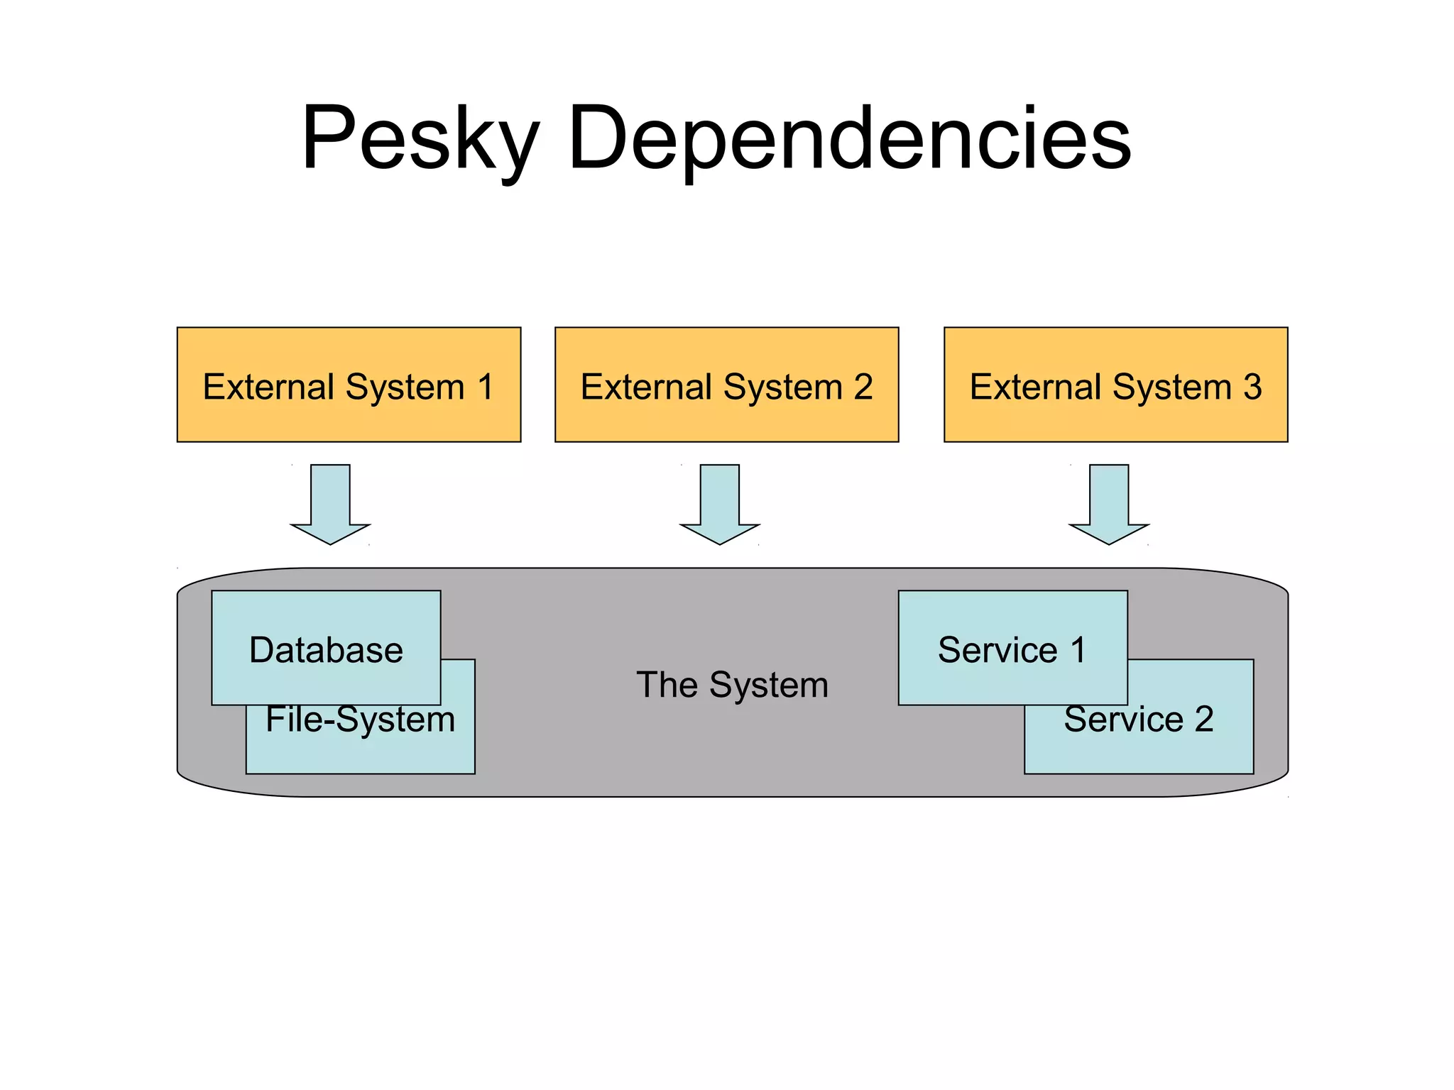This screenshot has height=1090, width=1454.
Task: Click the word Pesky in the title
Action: [x=420, y=138]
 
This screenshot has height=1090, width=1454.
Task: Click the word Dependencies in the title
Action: [x=849, y=138]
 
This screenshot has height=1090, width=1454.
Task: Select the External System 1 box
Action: [x=349, y=385]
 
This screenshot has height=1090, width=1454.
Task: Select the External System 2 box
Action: [x=726, y=385]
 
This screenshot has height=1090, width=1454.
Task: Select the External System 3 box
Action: [x=1115, y=385]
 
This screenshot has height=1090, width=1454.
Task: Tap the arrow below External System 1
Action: [x=330, y=504]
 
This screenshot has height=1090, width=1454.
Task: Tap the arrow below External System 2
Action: [x=719, y=504]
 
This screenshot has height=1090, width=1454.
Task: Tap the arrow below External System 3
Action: [x=1108, y=504]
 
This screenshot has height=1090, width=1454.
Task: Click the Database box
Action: [x=326, y=648]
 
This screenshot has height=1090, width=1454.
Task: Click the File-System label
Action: [x=360, y=720]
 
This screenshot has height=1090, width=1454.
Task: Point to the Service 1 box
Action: [x=1012, y=648]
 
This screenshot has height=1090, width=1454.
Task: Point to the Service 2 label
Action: [x=1139, y=720]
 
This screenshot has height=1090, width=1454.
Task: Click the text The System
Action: [x=732, y=685]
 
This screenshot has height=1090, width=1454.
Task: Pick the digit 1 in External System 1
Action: [x=486, y=387]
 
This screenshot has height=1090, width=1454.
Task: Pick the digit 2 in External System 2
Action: [x=863, y=387]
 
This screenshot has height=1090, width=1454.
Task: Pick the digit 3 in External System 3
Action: [x=1252, y=387]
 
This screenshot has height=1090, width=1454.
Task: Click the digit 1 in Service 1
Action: [x=1078, y=650]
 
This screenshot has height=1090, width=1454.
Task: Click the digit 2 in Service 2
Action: [x=1203, y=720]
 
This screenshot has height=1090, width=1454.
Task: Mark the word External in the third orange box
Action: [x=1035, y=387]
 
